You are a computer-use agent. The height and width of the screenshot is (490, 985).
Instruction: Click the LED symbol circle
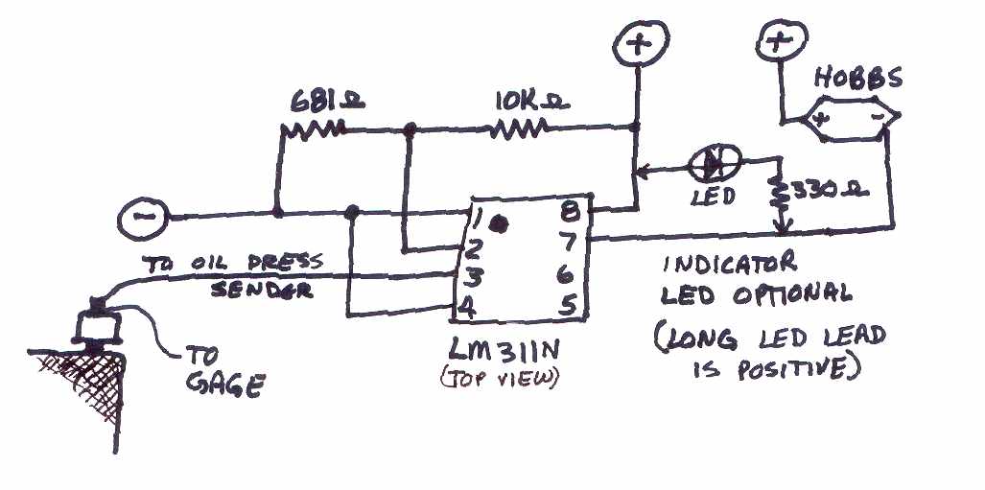pyautogui.click(x=715, y=164)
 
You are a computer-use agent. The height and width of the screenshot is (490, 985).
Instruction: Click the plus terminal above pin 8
pyautogui.click(x=636, y=44)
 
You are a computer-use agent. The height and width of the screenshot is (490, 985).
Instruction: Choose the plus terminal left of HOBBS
pyautogui.click(x=778, y=44)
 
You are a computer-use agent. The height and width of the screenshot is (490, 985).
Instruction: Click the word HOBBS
pyautogui.click(x=858, y=77)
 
